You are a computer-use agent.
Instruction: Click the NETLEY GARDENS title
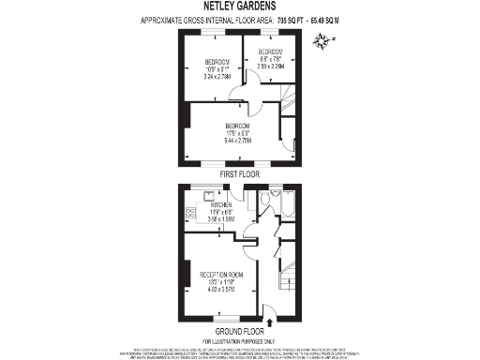[239, 7]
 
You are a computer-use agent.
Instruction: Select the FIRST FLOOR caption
[239, 174]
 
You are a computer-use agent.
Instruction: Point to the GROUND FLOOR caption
[240, 330]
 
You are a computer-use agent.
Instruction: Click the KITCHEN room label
[221, 204]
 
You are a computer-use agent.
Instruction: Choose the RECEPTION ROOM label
[221, 274]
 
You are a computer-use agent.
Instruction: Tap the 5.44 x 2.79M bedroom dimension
[237, 139]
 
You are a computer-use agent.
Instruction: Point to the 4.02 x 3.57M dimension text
[221, 289]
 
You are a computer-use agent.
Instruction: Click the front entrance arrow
[271, 322]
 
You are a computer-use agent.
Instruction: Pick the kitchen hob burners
[191, 215]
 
